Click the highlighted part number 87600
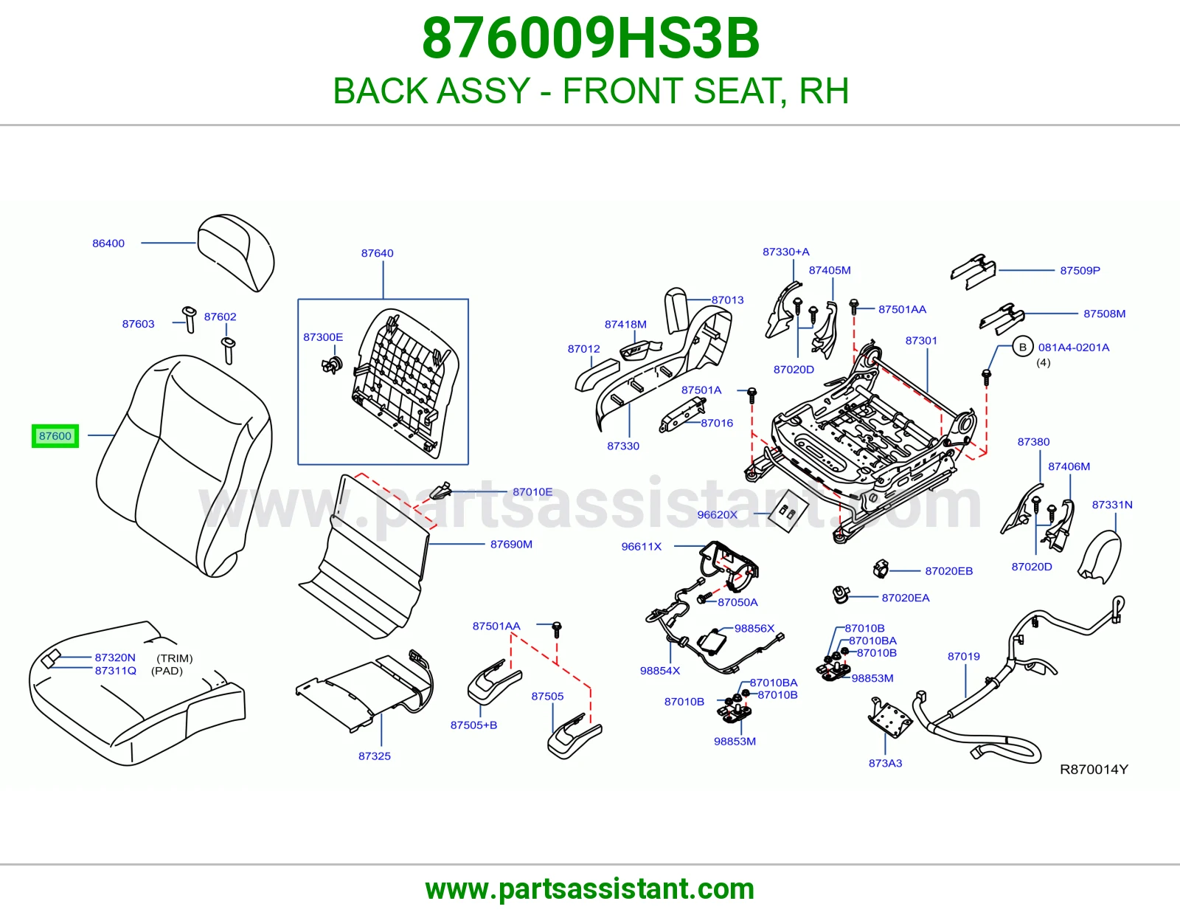coord(55,436)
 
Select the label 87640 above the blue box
coord(378,253)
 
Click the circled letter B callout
coord(1022,348)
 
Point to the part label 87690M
coord(511,545)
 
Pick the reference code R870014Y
coord(1094,769)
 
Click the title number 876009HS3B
coord(590,38)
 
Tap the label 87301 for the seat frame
coord(921,341)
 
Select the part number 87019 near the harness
coord(963,657)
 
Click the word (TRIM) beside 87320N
coord(174,658)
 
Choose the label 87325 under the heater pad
coord(374,756)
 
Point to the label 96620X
coord(718,514)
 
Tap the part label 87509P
coord(1080,271)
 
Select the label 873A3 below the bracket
coord(885,763)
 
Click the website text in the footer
coord(590,889)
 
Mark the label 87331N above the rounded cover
coord(1112,505)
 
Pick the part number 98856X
coord(754,628)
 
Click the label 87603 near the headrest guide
coord(138,324)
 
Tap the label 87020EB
coord(948,571)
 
